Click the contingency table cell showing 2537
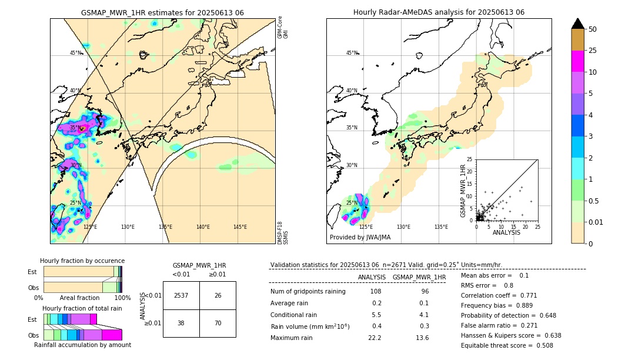(x=181, y=296)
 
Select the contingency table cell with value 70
(x=218, y=323)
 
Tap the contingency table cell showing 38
(x=181, y=323)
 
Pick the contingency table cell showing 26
(x=218, y=296)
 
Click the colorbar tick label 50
(x=593, y=29)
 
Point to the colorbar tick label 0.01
(x=596, y=222)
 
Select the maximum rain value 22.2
(x=375, y=338)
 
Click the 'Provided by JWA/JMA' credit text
(x=360, y=238)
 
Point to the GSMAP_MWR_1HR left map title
(x=162, y=12)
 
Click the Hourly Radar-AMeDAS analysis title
(x=439, y=12)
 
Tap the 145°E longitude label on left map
(x=240, y=227)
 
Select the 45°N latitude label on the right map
(x=352, y=53)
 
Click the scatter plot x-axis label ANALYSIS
(x=506, y=232)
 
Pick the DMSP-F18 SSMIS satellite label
(x=283, y=233)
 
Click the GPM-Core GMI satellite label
(x=283, y=27)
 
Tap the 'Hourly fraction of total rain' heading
(x=82, y=309)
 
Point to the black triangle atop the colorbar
(x=578, y=24)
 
